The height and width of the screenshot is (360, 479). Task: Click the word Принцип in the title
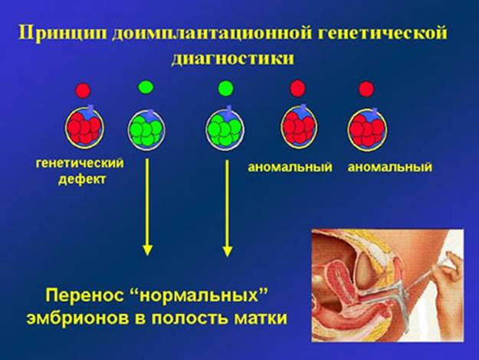coord(63,34)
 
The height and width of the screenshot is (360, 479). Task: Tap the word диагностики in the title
coord(233,58)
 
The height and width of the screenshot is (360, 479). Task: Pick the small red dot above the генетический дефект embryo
coord(83,90)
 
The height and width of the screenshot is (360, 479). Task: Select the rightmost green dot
coord(226,88)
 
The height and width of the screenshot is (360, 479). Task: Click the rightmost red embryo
coord(368,129)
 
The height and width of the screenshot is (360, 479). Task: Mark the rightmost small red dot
coord(366,89)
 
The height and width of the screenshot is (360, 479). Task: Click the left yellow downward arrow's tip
coord(148,255)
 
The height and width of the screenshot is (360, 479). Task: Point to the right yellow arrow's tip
coord(227,256)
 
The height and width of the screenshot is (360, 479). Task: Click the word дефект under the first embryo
coord(82,179)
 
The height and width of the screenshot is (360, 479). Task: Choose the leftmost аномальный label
coord(290,167)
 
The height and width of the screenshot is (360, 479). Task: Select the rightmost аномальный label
coord(390,167)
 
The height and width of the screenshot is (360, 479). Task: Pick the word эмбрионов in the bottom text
coord(77,319)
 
